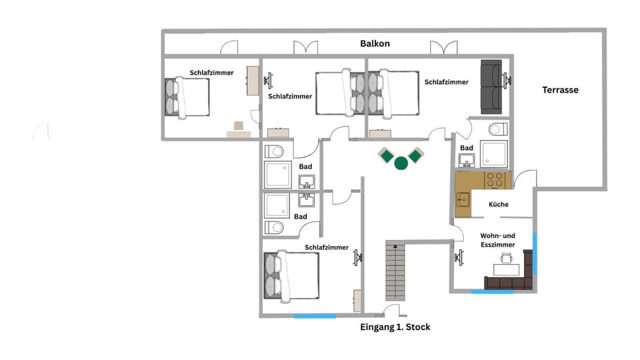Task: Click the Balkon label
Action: click(x=375, y=43)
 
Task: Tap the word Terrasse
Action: click(x=560, y=90)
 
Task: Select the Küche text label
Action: click(x=499, y=205)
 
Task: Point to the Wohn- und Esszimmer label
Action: click(x=498, y=240)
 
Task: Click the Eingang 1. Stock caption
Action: click(x=395, y=327)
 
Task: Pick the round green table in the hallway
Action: click(x=401, y=163)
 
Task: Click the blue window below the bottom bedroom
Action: click(x=315, y=316)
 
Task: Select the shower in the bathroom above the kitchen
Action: click(x=494, y=154)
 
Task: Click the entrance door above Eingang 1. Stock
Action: click(x=391, y=311)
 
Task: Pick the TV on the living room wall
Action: click(x=459, y=257)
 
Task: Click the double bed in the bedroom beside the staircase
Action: click(x=291, y=275)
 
